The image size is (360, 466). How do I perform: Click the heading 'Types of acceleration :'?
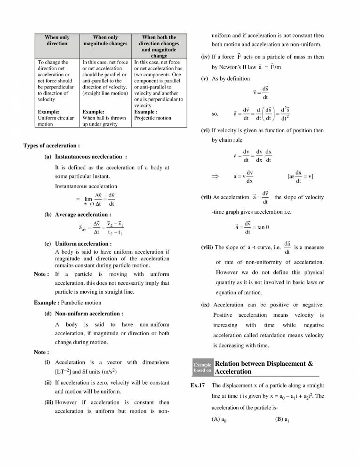51,146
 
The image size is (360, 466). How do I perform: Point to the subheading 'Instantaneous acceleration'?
90,156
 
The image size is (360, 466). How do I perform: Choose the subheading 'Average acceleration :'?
83,214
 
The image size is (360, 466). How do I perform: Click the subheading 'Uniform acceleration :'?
83,244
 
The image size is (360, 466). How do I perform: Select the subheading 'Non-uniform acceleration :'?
89,313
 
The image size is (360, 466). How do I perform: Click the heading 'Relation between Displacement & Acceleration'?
263,368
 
